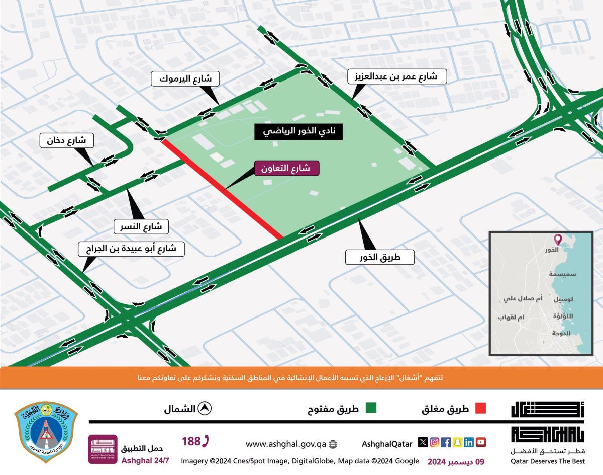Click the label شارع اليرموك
click(x=182, y=78)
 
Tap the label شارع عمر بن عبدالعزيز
click(x=392, y=77)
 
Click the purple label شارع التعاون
click(x=287, y=168)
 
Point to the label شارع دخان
click(x=66, y=140)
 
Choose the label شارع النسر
click(x=141, y=226)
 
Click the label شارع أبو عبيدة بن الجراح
click(x=131, y=248)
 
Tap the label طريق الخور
click(x=379, y=257)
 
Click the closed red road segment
click(x=221, y=188)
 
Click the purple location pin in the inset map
click(x=557, y=240)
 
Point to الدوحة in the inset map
click(x=561, y=333)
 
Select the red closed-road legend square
click(x=480, y=408)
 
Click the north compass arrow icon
click(x=205, y=408)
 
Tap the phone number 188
click(x=195, y=442)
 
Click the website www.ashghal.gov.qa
click(x=286, y=444)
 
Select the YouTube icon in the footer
click(x=481, y=442)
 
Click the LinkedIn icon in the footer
click(x=469, y=442)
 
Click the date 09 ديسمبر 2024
click(x=456, y=461)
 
